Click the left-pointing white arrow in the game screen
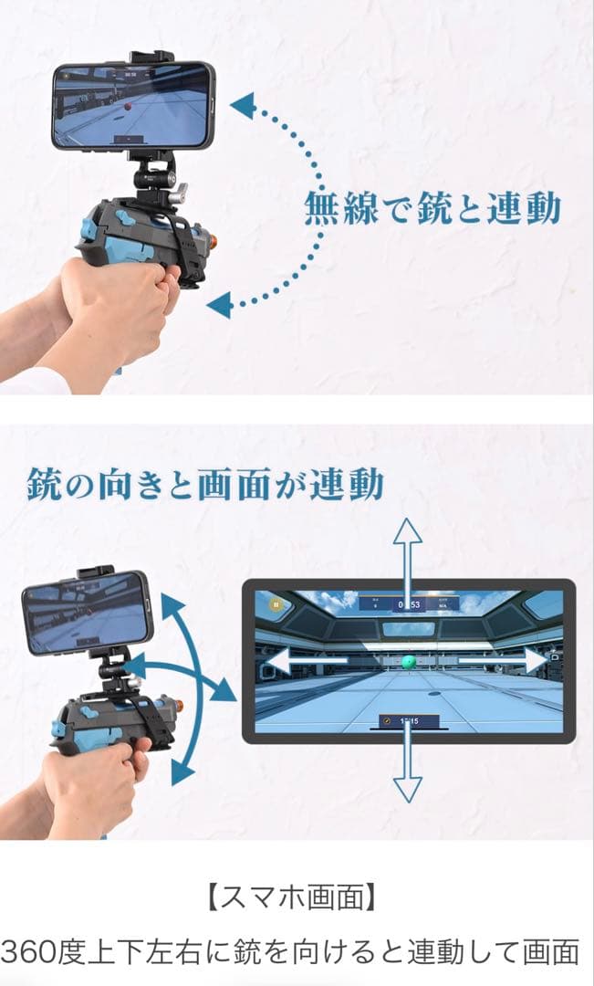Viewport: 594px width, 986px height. point(292,660)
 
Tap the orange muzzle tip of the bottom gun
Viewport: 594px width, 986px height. point(179,706)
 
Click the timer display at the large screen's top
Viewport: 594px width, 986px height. point(407,603)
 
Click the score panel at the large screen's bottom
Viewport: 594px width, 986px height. point(408,721)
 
